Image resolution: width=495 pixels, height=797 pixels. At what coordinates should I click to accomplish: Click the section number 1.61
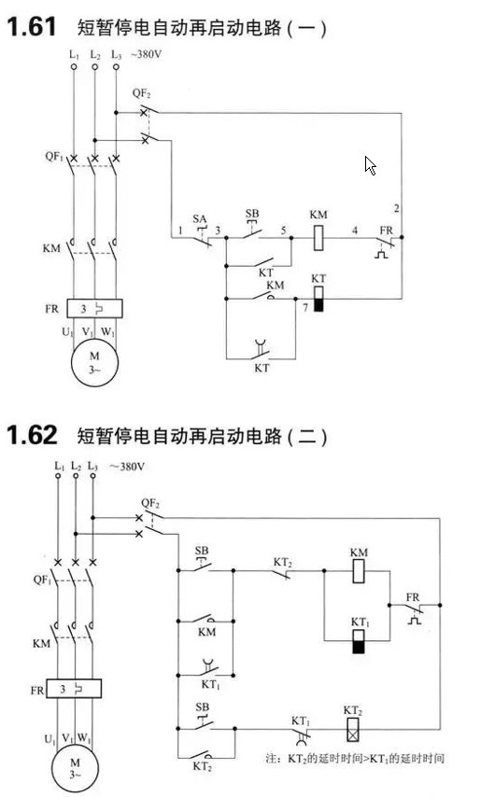(31, 26)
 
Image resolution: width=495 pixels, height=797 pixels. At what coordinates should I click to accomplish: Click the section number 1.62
(32, 435)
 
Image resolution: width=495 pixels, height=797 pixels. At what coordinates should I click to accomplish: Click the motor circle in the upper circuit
(94, 363)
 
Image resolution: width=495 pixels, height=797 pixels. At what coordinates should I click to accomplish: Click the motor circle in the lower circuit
(75, 770)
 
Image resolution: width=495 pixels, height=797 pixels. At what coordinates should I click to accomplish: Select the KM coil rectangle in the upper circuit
(318, 237)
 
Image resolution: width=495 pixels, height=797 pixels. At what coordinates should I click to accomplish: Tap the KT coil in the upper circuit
(318, 299)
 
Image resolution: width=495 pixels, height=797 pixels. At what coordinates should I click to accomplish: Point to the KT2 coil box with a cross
(352, 730)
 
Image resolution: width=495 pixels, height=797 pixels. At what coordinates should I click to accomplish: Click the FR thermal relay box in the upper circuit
(94, 309)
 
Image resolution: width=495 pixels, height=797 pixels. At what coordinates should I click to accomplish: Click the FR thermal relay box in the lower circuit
(74, 688)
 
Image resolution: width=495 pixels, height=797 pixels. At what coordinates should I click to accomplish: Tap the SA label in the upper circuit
(200, 219)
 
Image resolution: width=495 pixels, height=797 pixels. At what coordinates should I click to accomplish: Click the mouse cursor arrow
(370, 165)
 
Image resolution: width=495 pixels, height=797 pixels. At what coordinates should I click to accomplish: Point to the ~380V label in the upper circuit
(147, 54)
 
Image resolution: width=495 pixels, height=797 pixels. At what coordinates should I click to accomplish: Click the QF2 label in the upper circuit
(141, 93)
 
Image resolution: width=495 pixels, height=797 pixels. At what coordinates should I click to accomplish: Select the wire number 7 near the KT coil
(305, 308)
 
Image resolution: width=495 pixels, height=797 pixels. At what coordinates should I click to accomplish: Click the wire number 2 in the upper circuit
(396, 208)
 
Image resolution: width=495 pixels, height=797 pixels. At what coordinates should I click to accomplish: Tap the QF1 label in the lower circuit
(42, 580)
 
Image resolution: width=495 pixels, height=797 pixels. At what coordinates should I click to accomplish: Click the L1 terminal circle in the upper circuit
(74, 66)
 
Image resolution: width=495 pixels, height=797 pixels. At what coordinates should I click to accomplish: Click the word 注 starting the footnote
(272, 759)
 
